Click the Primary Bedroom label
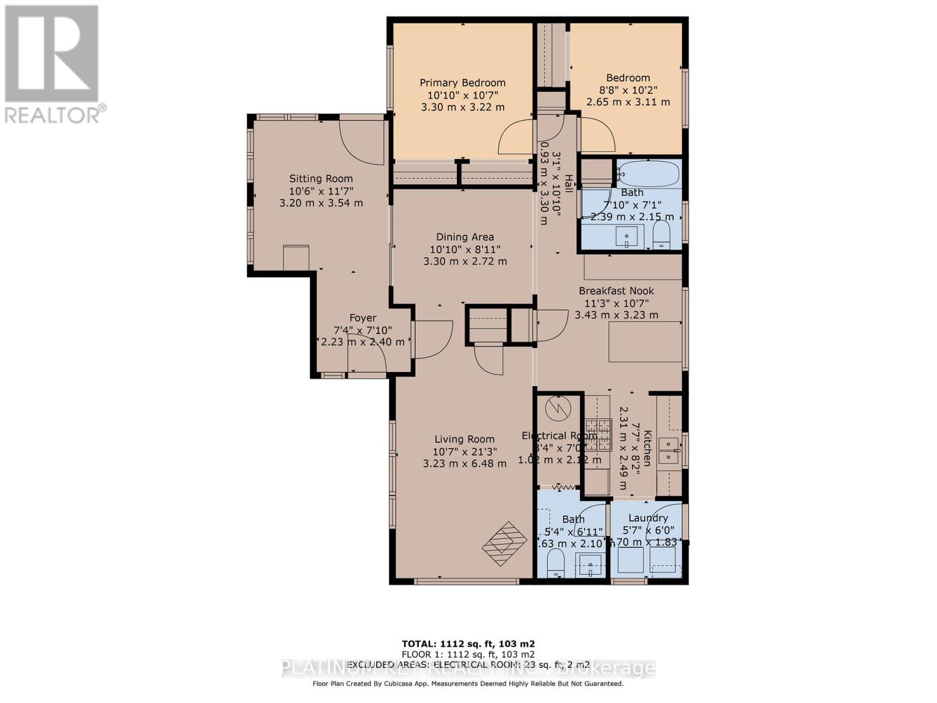tap(462, 83)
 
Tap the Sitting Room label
tap(321, 179)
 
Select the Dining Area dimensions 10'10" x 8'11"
tap(465, 249)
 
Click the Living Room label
tap(464, 439)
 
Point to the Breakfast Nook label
tap(616, 291)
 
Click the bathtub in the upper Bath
tap(649, 175)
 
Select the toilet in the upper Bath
tap(661, 238)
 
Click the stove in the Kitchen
tap(597, 434)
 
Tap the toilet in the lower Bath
tap(555, 565)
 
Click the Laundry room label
tap(648, 518)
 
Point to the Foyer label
tap(363, 318)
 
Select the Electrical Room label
tap(559, 435)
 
